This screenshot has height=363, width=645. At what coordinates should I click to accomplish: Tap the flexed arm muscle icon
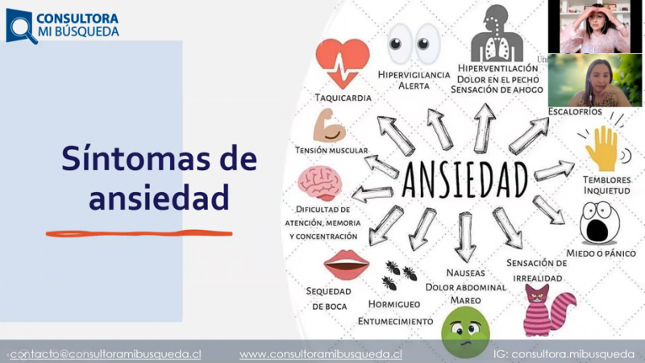(x=330, y=126)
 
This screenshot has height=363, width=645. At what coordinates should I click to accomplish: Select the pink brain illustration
(x=320, y=183)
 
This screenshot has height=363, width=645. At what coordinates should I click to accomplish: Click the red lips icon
(x=347, y=265)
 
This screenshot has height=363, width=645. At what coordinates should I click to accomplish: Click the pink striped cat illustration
(x=548, y=311)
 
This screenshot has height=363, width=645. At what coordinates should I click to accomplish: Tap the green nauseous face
(x=465, y=332)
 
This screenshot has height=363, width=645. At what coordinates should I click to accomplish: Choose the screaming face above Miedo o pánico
(x=600, y=223)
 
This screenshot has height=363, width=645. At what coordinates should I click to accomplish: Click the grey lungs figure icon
(x=497, y=33)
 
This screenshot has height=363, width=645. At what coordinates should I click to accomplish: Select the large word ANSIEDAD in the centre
(x=465, y=180)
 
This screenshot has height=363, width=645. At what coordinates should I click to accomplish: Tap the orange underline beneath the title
(x=139, y=234)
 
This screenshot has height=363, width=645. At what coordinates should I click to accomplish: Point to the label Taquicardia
(x=343, y=98)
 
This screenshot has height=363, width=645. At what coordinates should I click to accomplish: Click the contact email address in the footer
(x=106, y=354)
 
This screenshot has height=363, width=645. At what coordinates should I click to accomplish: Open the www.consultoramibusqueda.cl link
(x=321, y=354)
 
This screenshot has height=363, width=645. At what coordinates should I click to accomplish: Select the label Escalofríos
(x=575, y=111)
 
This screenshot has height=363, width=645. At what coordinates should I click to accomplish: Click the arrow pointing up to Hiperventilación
(x=485, y=128)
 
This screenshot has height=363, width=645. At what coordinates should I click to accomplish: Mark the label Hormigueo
(x=394, y=304)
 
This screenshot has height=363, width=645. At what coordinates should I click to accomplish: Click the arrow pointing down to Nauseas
(x=465, y=237)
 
